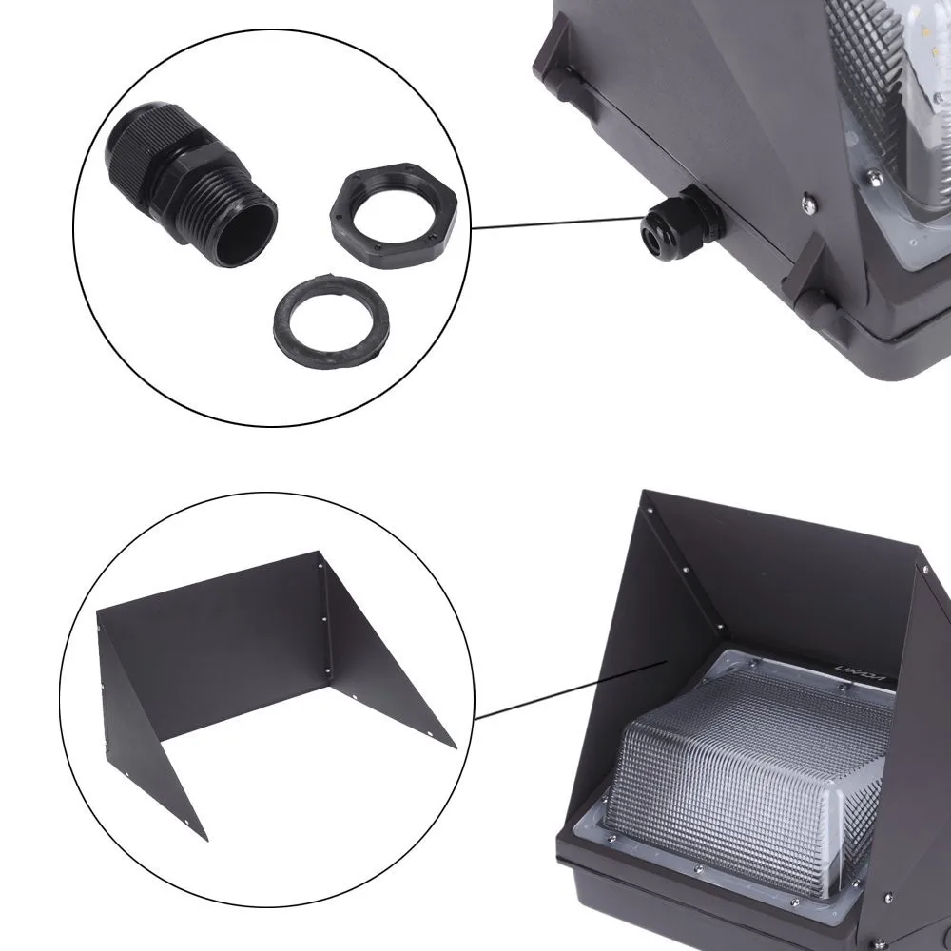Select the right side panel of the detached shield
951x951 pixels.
(x=380, y=656)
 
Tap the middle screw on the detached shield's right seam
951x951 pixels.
(x=327, y=619)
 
